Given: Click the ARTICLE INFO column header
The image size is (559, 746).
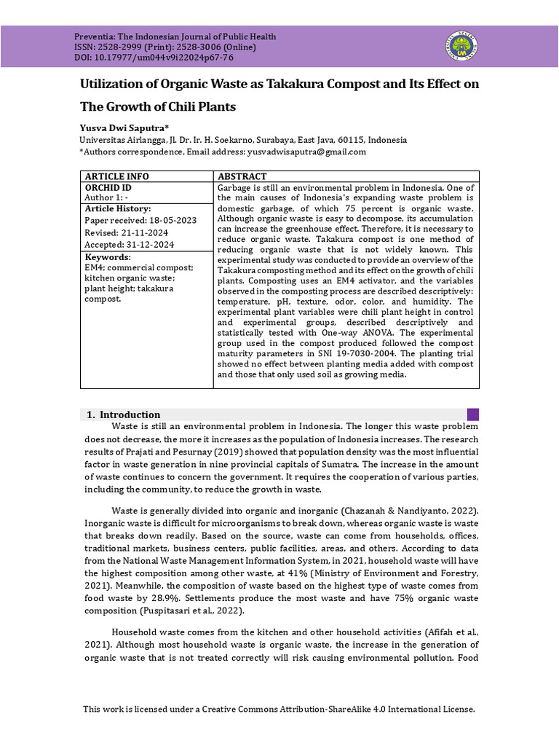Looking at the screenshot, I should pos(116,176).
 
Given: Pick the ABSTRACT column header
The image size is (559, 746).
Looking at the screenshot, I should pos(242,176).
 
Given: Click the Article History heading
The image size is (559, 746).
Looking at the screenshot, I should pos(118,208).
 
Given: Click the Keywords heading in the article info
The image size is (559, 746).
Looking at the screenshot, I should pos(108,257).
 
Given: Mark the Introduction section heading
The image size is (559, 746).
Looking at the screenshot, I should pos(130,415).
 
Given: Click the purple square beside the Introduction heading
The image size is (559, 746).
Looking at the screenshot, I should pos(472,415).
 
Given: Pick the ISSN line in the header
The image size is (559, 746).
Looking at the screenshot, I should pos(173,47).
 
